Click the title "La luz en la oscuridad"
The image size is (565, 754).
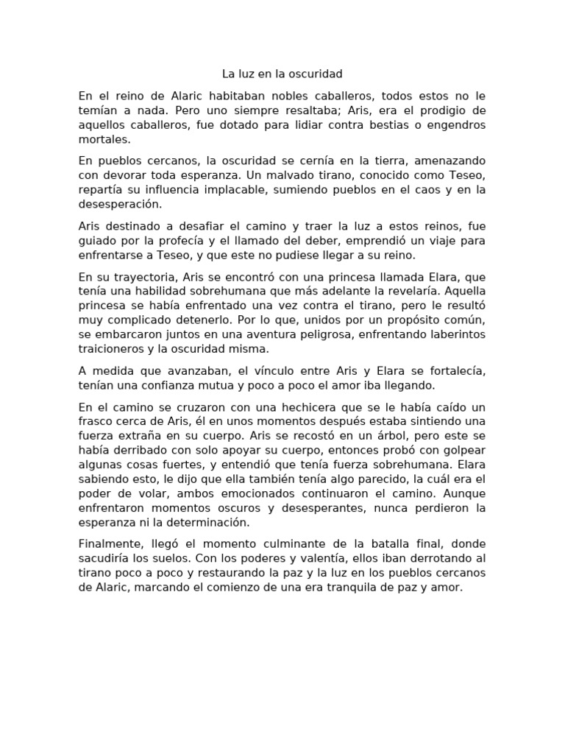(x=282, y=74)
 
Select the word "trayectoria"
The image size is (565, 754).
(x=141, y=277)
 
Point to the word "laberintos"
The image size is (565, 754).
(x=456, y=334)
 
